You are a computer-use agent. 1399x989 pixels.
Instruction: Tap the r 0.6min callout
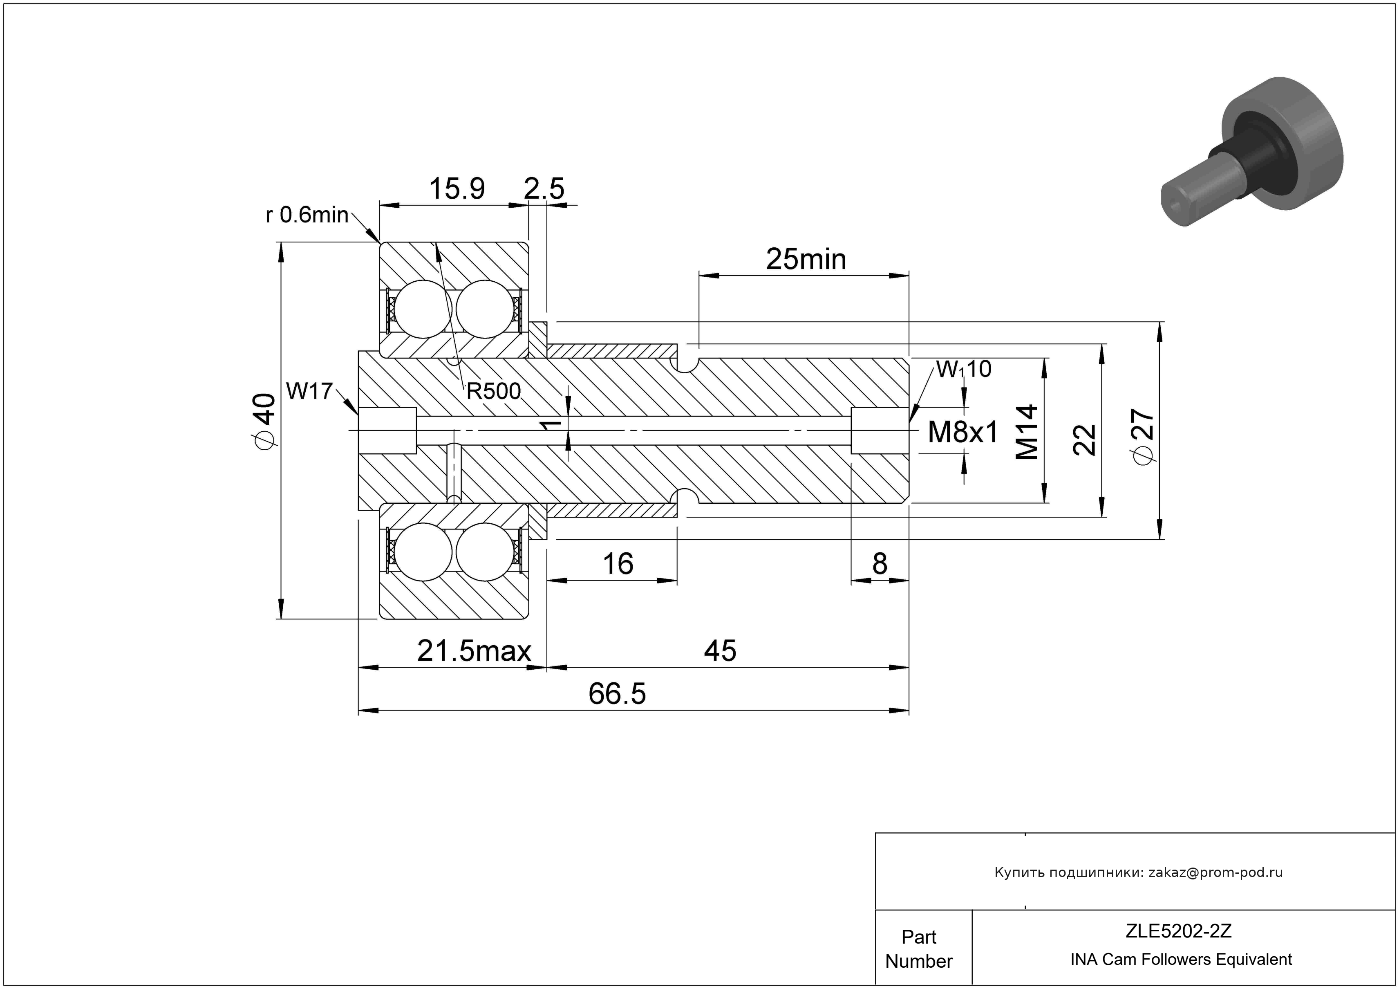click(307, 215)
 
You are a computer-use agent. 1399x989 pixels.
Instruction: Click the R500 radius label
click(494, 391)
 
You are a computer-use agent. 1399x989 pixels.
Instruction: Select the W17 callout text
click(309, 391)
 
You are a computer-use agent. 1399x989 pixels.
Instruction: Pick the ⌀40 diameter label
click(264, 422)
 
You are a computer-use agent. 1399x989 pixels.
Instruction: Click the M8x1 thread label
click(963, 433)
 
